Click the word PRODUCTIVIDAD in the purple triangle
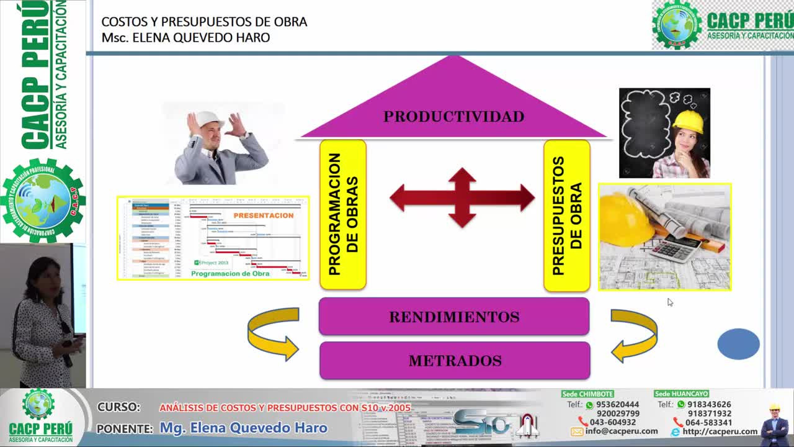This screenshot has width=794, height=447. click(453, 117)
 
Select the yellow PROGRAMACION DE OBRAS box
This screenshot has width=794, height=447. click(342, 214)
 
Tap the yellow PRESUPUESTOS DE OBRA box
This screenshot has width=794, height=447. click(566, 215)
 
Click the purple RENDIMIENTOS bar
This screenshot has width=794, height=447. click(453, 317)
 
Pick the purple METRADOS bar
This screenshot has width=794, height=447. click(455, 361)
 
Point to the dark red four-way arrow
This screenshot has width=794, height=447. click(462, 198)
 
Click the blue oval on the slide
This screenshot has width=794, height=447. click(738, 344)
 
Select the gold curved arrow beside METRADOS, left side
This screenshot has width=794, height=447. click(272, 334)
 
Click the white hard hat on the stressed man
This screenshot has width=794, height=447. click(208, 119)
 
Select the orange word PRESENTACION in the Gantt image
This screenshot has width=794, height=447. click(263, 215)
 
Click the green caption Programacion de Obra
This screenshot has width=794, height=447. click(230, 274)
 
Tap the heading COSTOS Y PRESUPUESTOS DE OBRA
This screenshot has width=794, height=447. click(204, 22)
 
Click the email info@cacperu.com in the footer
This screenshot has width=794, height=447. click(621, 431)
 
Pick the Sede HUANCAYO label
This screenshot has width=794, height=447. click(681, 394)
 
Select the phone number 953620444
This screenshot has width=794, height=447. click(617, 405)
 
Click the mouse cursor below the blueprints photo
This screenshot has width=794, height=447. click(669, 302)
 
